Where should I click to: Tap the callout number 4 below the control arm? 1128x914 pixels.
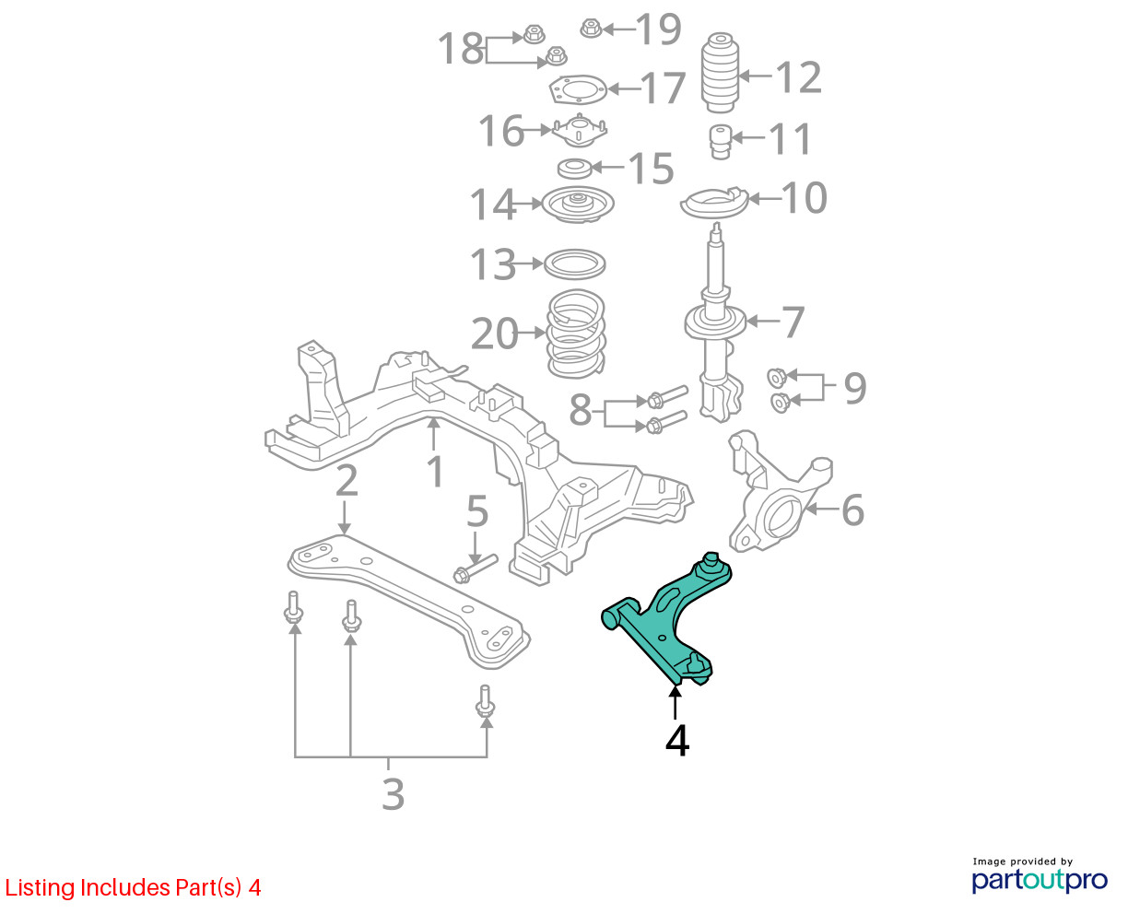[676, 742]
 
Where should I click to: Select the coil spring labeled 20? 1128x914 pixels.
[576, 334]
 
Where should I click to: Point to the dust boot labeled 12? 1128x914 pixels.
[720, 73]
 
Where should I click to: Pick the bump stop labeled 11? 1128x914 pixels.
[721, 141]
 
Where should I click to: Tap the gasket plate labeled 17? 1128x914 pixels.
[577, 90]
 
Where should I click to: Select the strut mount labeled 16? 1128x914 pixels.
[579, 131]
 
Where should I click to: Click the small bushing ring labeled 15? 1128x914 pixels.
[574, 169]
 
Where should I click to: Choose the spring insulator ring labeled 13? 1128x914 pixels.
[575, 264]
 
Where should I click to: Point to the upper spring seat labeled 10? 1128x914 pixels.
[714, 202]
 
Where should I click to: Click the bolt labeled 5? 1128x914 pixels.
[476, 568]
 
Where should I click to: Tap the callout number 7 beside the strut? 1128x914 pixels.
[793, 322]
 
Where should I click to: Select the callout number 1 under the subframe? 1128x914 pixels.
[435, 471]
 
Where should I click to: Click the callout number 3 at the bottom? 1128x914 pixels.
[393, 794]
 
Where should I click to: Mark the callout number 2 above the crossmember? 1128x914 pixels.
[347, 480]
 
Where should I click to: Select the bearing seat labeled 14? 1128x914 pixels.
[578, 205]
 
